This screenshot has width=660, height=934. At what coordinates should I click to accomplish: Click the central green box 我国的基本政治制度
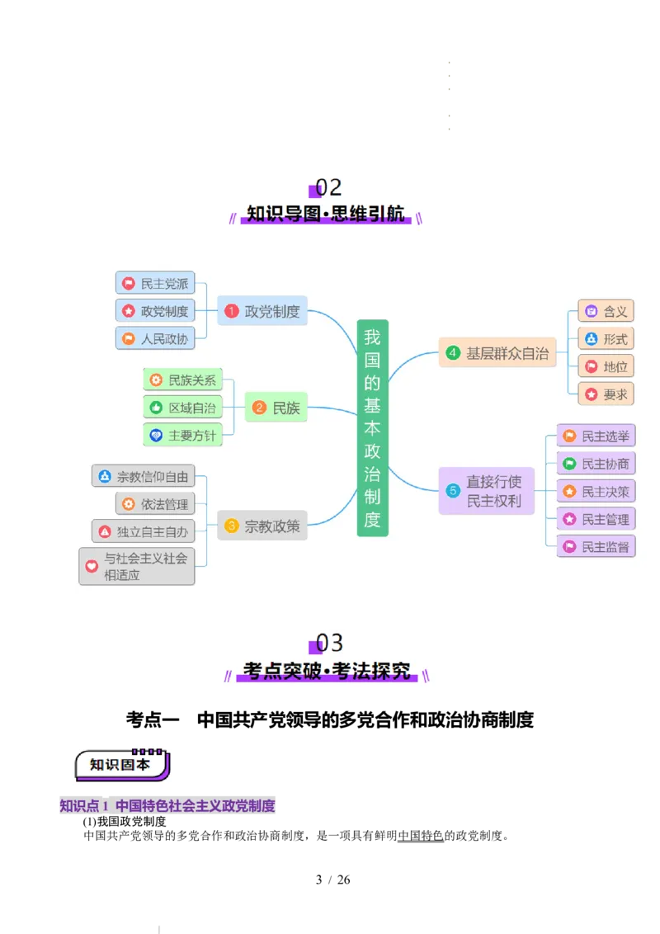tap(372, 427)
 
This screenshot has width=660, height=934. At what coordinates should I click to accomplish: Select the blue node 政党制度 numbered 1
tap(262, 310)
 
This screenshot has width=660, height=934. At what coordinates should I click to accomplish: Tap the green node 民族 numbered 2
tap(276, 408)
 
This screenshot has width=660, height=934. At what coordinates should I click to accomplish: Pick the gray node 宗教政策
tap(262, 526)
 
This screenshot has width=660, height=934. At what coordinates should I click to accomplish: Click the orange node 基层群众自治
tap(497, 352)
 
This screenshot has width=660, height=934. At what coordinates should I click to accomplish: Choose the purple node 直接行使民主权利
tap(486, 491)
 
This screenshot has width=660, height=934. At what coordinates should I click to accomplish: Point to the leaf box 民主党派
tap(155, 283)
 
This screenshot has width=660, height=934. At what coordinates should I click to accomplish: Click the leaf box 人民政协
tap(155, 338)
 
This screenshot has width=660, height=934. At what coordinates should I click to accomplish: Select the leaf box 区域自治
tap(183, 408)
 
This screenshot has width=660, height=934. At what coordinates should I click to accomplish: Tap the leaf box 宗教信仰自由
tap(143, 476)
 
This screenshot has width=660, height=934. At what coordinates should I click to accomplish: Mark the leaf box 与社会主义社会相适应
tap(136, 566)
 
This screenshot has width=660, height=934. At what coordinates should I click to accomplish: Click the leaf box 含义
tap(606, 311)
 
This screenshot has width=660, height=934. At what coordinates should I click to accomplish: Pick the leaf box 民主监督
tap(596, 546)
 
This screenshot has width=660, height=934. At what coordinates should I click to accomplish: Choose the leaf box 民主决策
tap(596, 491)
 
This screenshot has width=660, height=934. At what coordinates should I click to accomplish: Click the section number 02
tap(328, 187)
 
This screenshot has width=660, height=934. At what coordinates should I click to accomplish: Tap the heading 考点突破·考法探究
tap(327, 672)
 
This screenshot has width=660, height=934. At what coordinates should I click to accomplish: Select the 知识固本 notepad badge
tap(122, 765)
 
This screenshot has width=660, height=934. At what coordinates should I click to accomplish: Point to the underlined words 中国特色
tap(421, 836)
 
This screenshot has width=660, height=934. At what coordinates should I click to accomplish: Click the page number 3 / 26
tap(332, 880)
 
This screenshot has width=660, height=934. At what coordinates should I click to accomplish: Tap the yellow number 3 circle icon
tap(231, 526)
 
